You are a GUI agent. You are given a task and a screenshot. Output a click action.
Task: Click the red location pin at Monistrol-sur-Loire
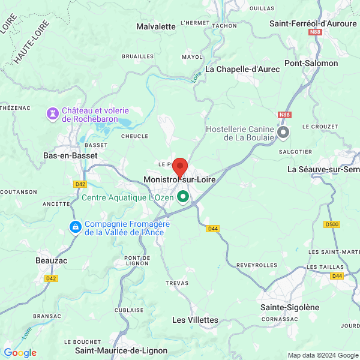(180, 166)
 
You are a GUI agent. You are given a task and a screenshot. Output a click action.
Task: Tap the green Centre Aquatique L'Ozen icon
(182, 197)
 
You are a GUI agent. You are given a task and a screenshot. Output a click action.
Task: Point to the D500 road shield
(331, 224)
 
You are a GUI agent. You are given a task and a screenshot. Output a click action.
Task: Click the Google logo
(20, 353)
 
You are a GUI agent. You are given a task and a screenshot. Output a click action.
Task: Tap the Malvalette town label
(156, 26)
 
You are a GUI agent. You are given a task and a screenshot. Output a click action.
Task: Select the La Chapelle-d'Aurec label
(243, 69)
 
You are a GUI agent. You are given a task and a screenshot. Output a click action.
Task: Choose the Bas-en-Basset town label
(70, 155)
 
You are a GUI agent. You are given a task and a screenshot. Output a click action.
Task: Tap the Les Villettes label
(195, 320)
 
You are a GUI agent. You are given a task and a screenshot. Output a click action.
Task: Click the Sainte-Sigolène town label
(290, 307)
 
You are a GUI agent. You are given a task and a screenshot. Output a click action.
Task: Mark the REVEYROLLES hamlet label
(257, 265)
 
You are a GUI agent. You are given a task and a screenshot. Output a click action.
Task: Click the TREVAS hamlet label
(178, 283)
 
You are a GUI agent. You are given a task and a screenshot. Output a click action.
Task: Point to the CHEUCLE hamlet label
(134, 136)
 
